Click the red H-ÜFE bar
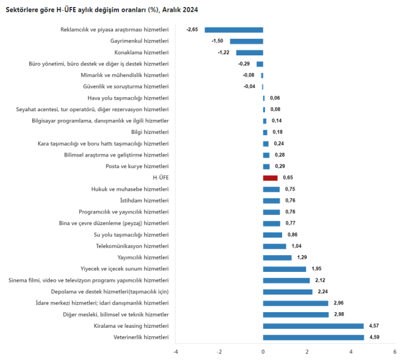point(270,178)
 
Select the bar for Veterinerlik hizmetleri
point(313,337)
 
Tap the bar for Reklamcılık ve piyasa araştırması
point(234,30)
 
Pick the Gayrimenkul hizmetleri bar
point(247,41)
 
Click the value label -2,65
point(192,30)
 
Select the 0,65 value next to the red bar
point(287,178)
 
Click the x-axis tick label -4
point(175,352)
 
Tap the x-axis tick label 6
point(394,352)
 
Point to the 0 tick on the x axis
point(263,352)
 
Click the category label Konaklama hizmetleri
point(142,53)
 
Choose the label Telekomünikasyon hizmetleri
point(132,246)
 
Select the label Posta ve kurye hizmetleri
point(137,167)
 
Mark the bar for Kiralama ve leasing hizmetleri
point(313,326)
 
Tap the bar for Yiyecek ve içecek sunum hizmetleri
point(284,269)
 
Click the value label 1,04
point(296,246)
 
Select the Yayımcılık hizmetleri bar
point(277,258)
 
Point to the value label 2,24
point(322,292)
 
